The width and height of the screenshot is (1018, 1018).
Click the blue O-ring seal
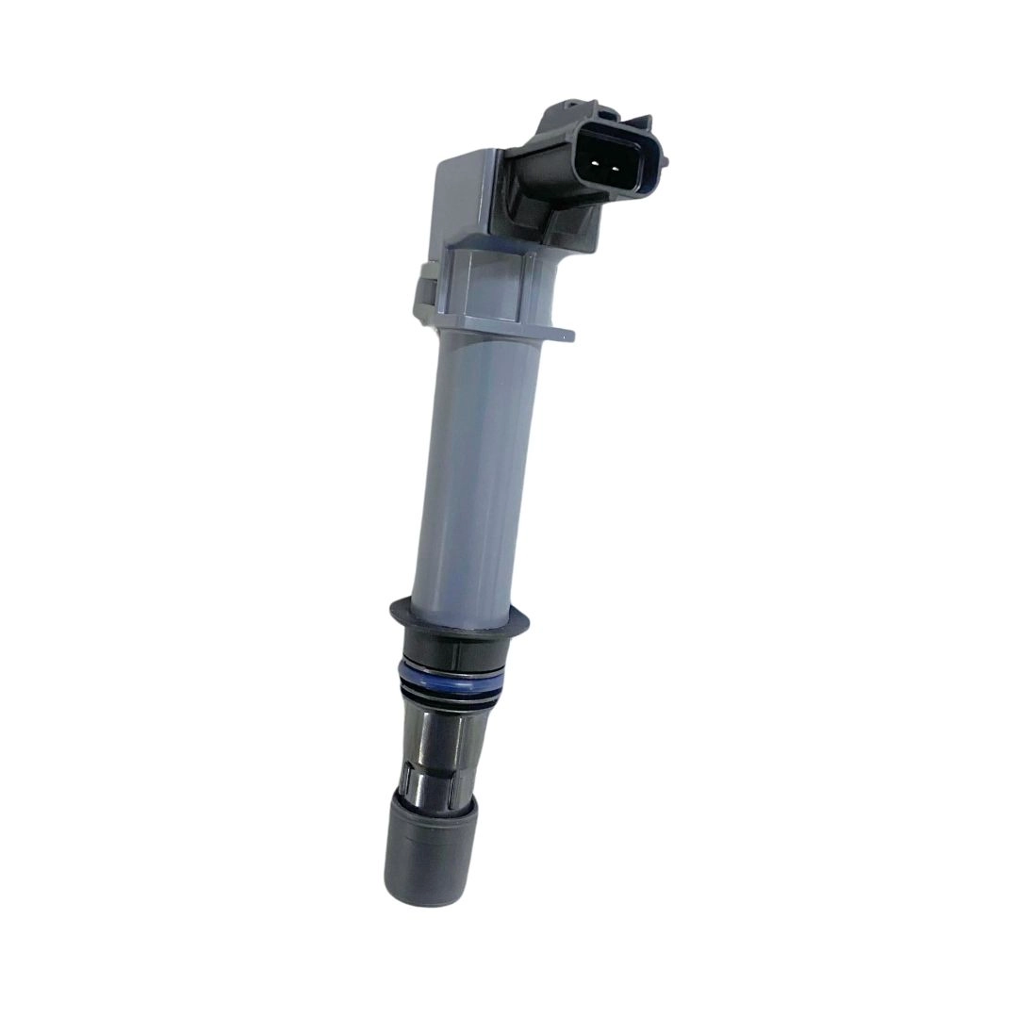(451, 675)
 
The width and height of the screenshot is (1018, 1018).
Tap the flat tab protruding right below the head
(556, 333)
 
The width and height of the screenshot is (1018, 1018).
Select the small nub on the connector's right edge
(664, 161)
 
